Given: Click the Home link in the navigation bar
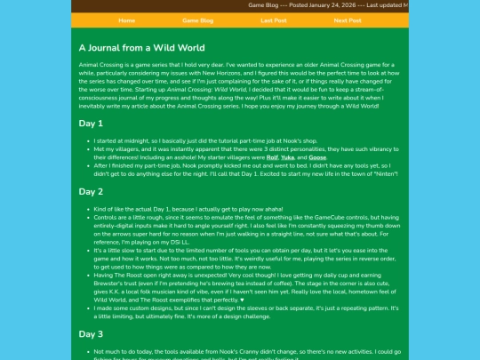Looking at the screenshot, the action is tap(126, 20).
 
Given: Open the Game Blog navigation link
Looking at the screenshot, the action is tap(197, 20).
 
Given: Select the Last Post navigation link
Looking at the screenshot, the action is tap(274, 20).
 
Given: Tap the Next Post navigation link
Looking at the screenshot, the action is tap(348, 20).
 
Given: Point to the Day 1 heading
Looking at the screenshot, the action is tap(91, 124).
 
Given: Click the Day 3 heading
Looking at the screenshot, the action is tap(91, 333).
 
